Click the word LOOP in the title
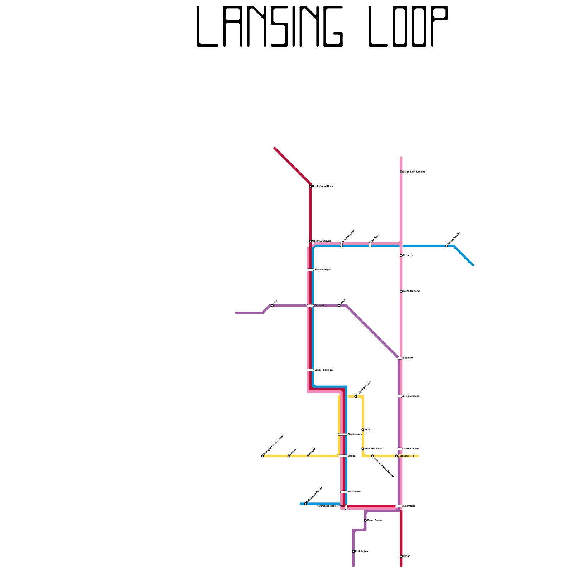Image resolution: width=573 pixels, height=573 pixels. point(408,27)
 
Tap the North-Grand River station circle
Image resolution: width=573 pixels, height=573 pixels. point(310,186)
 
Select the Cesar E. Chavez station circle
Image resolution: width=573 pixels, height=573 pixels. point(310,241)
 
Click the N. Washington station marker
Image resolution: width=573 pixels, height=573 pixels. point(341,245)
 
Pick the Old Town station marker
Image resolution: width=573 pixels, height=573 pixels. point(370,245)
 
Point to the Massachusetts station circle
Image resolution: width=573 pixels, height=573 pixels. point(446,246)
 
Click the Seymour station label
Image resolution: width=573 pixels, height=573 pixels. point(319,305)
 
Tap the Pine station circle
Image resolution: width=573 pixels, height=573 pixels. point(272,305)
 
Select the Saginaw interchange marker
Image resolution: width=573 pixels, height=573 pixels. point(400,358)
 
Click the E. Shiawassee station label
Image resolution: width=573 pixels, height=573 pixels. point(411,396)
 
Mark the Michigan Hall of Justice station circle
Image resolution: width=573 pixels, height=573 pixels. point(263,456)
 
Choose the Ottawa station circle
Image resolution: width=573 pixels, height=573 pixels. point(289,456)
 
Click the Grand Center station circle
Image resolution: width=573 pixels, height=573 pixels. point(365,520)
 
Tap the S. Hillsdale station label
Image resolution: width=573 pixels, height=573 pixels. point(361,552)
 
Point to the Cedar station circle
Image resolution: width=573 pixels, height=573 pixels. point(401,556)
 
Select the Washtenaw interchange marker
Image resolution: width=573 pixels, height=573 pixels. point(343,492)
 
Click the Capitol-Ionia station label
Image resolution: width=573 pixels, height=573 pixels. point(355,434)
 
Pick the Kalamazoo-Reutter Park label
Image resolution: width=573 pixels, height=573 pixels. point(330,506)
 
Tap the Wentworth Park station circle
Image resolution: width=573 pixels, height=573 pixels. point(363,449)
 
